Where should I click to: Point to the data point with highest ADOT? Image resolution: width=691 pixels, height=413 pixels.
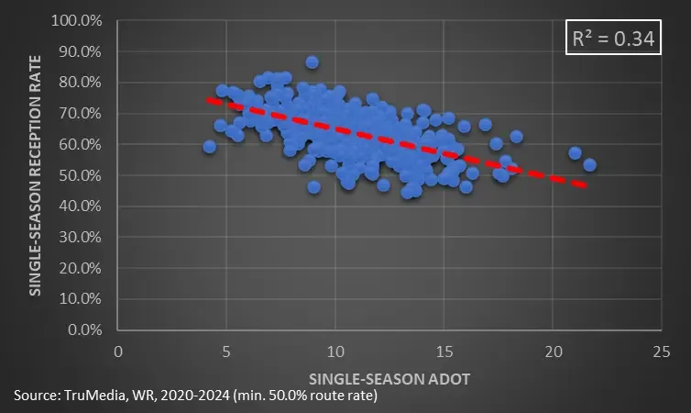(x=589, y=165)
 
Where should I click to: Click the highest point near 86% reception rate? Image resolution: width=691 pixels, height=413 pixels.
(x=312, y=62)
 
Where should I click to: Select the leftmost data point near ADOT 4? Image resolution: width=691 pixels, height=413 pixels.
(x=209, y=147)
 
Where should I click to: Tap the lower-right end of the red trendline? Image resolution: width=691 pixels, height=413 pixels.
(x=586, y=186)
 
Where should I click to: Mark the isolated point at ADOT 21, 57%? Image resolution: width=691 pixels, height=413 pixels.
(x=575, y=153)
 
